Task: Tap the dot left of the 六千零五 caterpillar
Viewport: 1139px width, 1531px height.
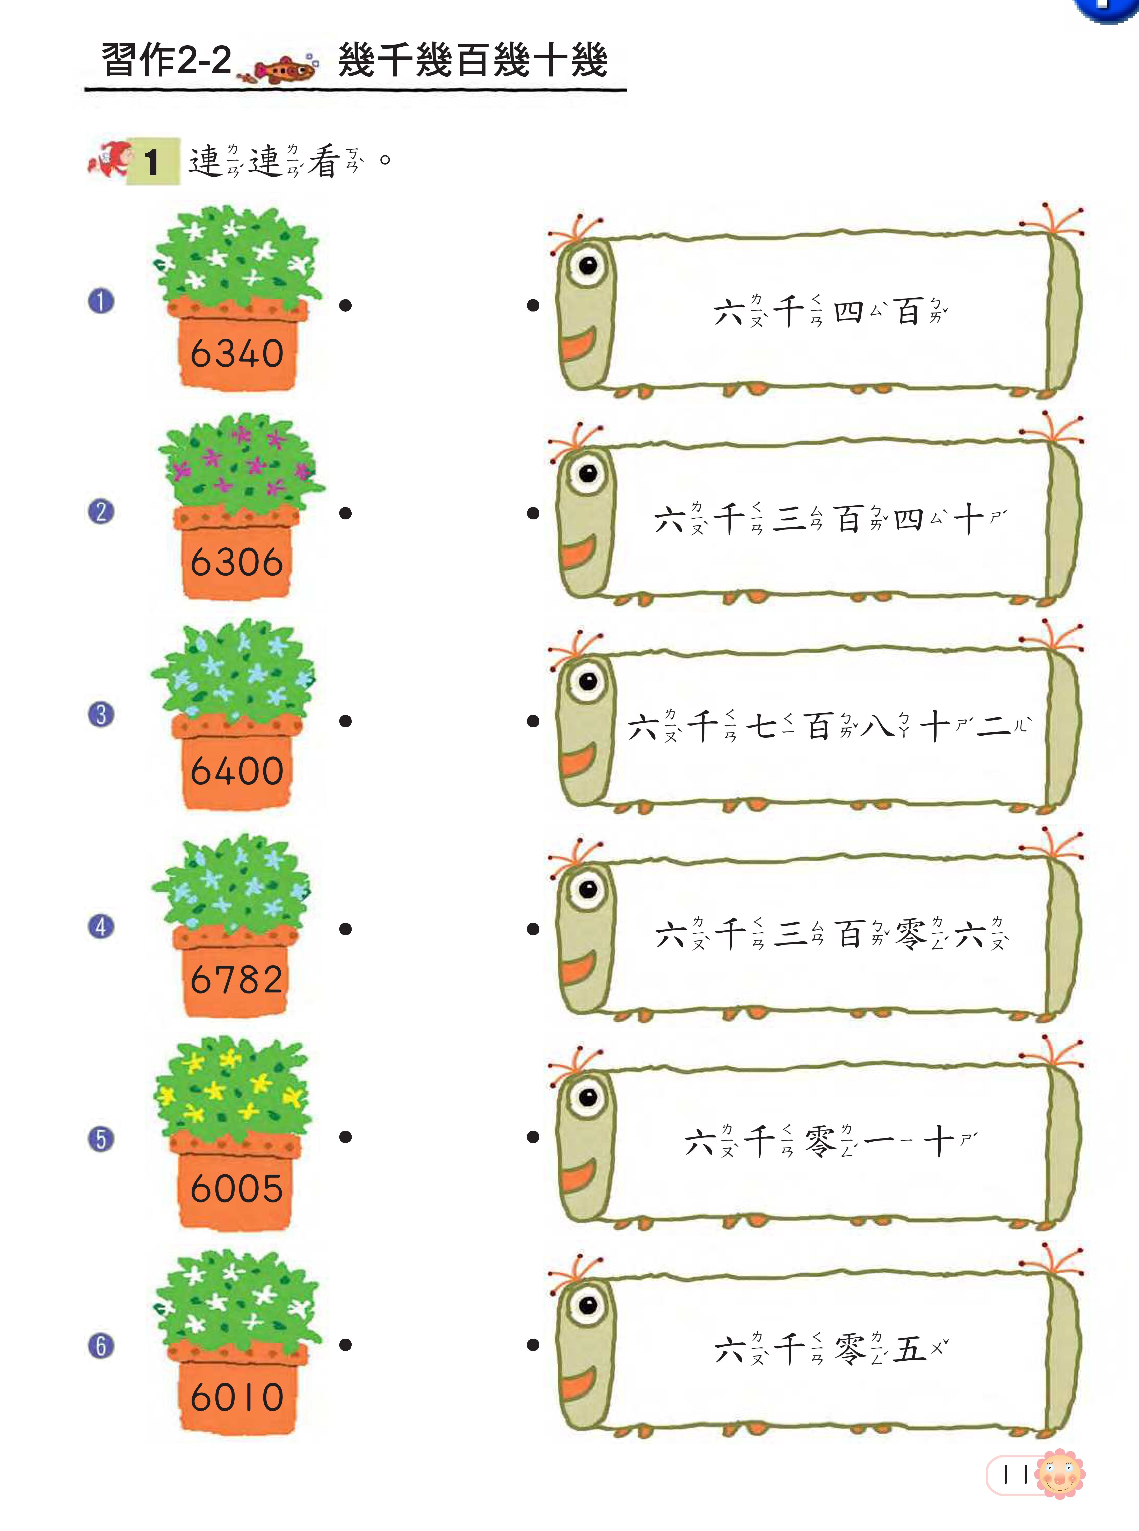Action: point(533,1344)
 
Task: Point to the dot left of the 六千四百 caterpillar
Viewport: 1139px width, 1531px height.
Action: point(533,305)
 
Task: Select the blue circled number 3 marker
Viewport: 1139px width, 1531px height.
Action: point(101,714)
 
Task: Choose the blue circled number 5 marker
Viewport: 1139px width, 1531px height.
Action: point(101,1139)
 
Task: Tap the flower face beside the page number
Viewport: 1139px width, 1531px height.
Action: point(1060,1474)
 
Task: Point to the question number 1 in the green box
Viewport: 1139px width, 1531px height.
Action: point(152,163)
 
